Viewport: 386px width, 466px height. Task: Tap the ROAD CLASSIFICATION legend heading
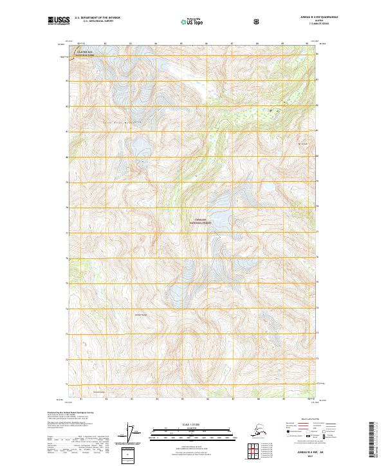pos(308,418)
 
